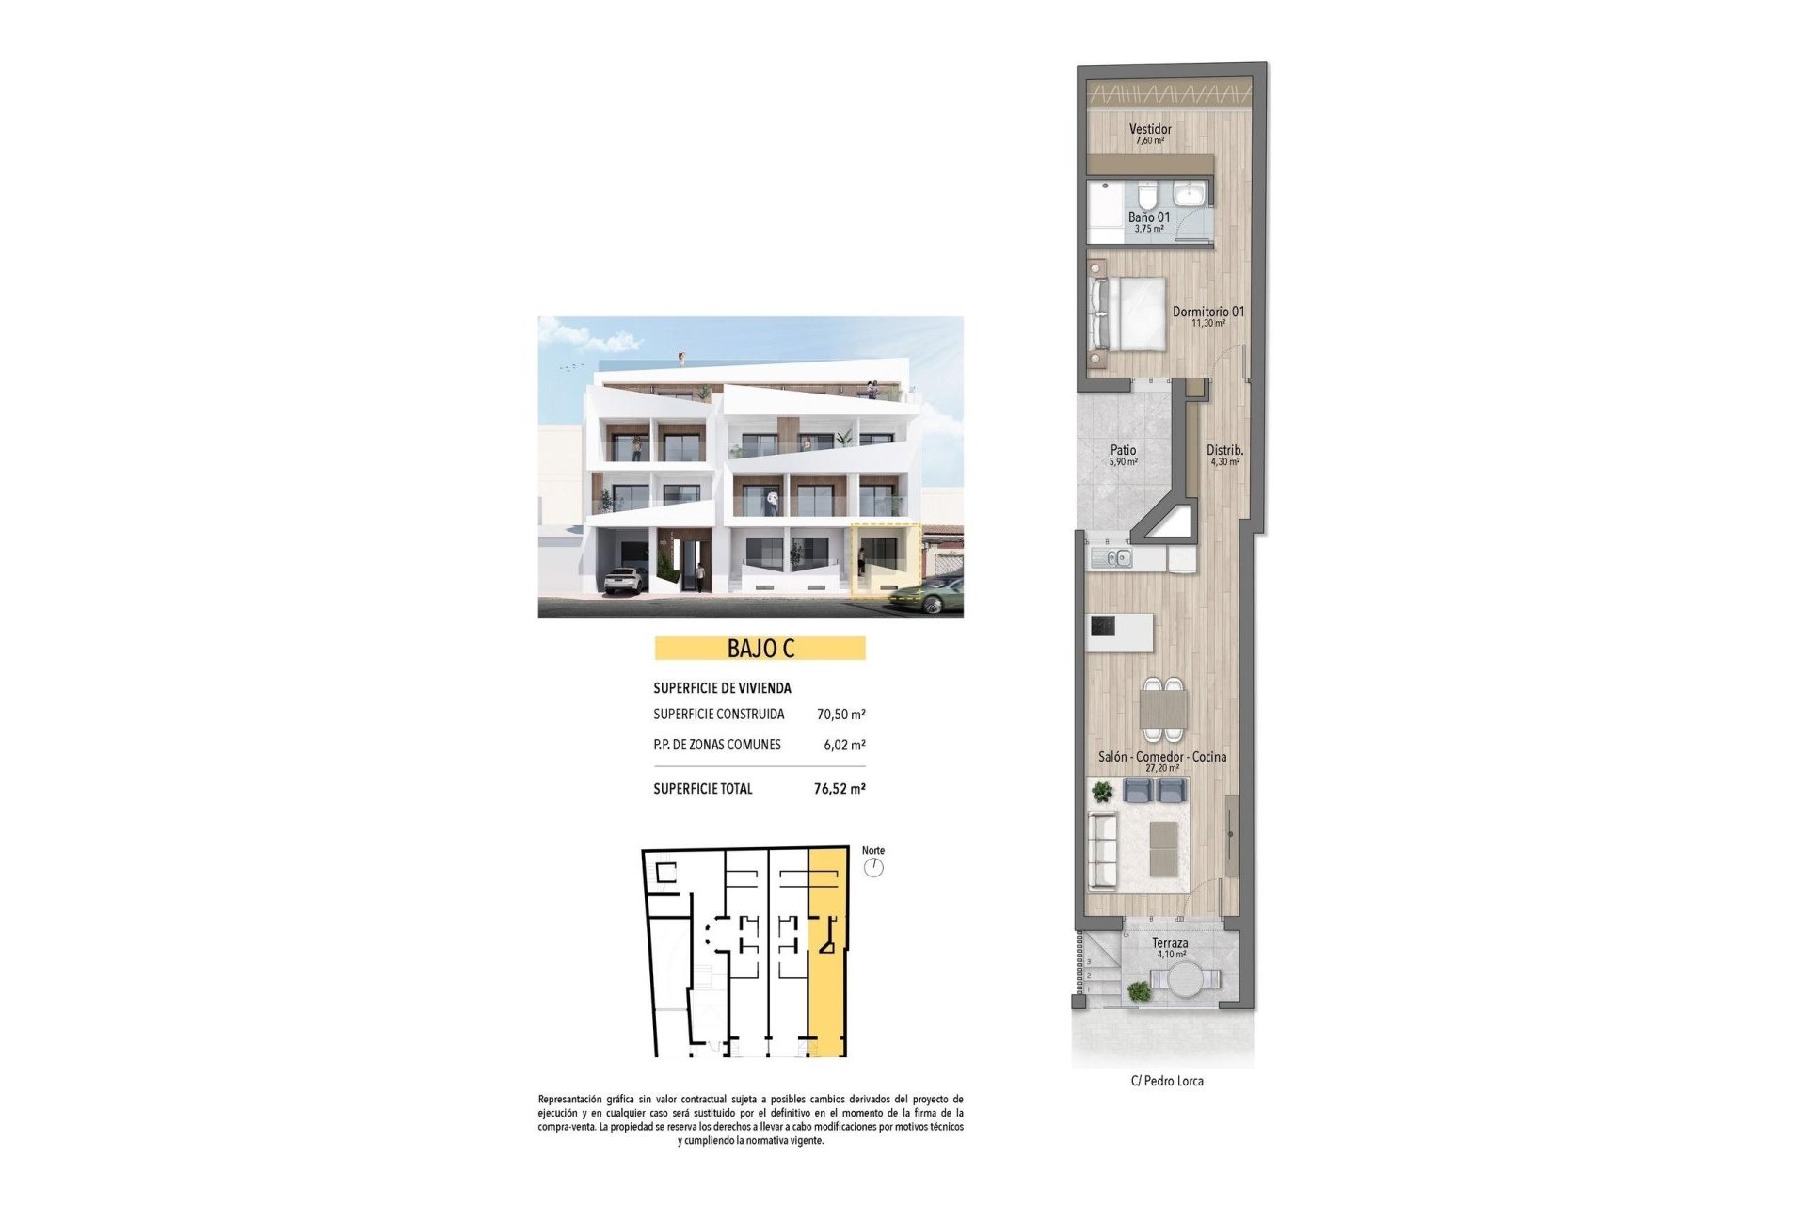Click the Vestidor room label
[1150, 129]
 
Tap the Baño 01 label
[1149, 217]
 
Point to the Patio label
[1123, 451]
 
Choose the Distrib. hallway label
[1224, 451]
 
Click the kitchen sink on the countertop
[1112, 559]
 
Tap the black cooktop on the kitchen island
[1103, 626]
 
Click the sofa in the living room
[1102, 851]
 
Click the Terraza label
[1170, 943]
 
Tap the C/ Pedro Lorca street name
[1167, 1082]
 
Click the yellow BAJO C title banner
[760, 649]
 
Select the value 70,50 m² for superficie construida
[840, 715]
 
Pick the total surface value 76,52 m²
[840, 789]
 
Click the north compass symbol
[874, 867]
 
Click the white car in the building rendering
[624, 580]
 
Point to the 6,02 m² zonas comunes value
[844, 745]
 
